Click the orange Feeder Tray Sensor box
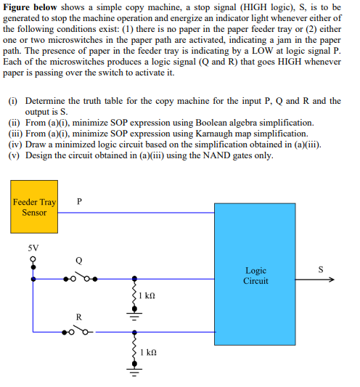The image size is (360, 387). (x=34, y=207)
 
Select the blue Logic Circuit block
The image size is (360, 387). (x=255, y=275)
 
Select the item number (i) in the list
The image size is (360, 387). (x=12, y=101)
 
